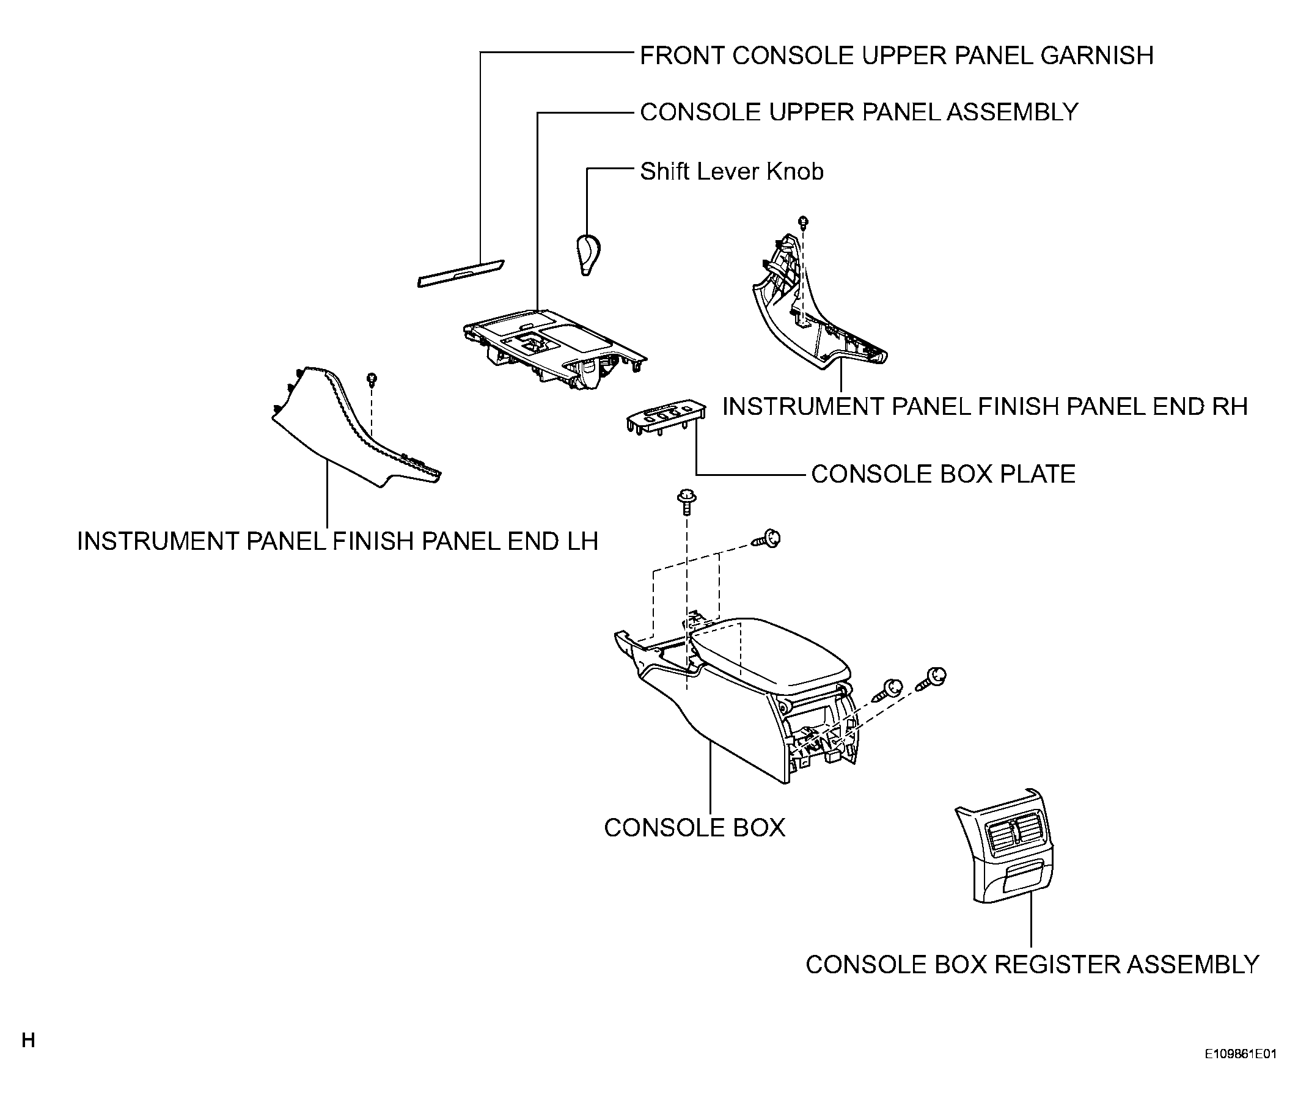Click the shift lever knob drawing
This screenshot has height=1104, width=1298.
[x=588, y=255]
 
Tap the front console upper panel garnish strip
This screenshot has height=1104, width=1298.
[x=461, y=274]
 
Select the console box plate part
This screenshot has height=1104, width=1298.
[x=666, y=416]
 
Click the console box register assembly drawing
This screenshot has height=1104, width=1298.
[x=1005, y=846]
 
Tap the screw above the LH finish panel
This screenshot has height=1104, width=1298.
[x=372, y=379]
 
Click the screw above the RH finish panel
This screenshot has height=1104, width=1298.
[x=804, y=222]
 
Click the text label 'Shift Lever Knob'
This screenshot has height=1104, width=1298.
[x=732, y=172]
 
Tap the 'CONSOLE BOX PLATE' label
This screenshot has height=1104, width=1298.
[x=943, y=473]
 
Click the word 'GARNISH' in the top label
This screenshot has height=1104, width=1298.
[x=1097, y=56]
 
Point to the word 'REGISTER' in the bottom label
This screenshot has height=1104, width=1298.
[x=1057, y=965]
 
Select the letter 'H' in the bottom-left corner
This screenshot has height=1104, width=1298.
[x=28, y=1040]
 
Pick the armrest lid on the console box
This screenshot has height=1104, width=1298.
[x=770, y=657]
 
